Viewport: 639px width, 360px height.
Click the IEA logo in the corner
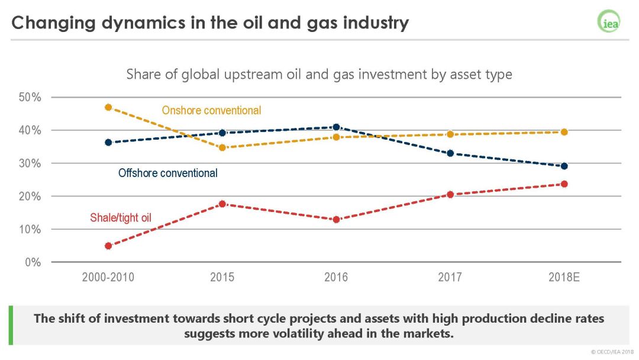(608, 22)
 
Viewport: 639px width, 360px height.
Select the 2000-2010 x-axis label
(108, 277)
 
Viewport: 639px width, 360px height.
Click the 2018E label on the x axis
(564, 277)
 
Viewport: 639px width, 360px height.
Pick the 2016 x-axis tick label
(336, 277)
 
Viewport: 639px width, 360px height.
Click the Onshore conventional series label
(211, 111)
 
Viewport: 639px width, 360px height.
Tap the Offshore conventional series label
(168, 173)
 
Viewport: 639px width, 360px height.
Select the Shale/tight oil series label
(121, 218)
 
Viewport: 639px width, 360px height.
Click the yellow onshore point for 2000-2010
(108, 107)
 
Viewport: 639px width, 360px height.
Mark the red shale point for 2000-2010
(108, 246)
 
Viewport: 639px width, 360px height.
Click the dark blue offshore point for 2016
(336, 127)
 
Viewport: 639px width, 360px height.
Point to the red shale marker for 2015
(222, 204)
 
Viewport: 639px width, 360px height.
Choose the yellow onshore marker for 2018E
(564, 132)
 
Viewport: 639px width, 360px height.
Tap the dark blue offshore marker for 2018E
(564, 166)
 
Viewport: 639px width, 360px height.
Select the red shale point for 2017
(450, 194)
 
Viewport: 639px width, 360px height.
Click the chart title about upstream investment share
(319, 75)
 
